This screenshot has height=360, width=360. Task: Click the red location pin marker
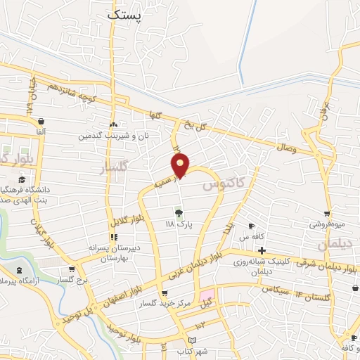coord(181,165)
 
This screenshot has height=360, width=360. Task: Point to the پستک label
coord(125,13)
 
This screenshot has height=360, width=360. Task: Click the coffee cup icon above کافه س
coord(251,226)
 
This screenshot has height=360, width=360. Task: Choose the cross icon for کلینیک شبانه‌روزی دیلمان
coord(261,250)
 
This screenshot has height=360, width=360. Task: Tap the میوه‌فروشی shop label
coord(327,225)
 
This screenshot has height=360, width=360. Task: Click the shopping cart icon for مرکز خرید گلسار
coord(165,293)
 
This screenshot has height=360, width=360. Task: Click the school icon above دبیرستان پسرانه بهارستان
coord(112,237)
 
